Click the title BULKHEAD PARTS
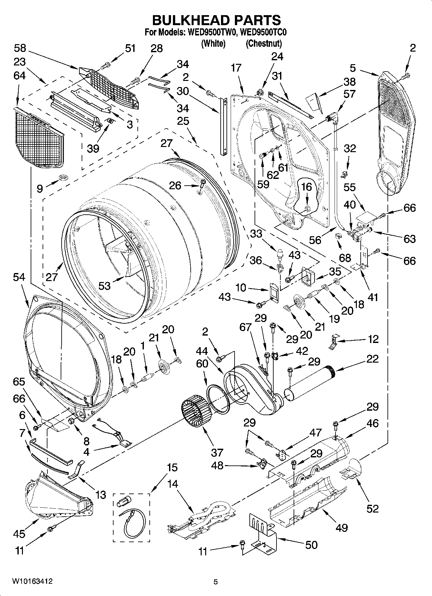click(216, 20)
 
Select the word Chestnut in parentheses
click(264, 43)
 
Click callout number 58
click(20, 48)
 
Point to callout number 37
click(217, 452)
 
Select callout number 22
click(372, 359)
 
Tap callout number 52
click(372, 508)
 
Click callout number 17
click(236, 68)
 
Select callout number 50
click(311, 545)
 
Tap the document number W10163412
click(32, 581)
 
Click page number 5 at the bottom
click(216, 582)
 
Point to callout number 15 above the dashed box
click(172, 467)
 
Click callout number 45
click(19, 533)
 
